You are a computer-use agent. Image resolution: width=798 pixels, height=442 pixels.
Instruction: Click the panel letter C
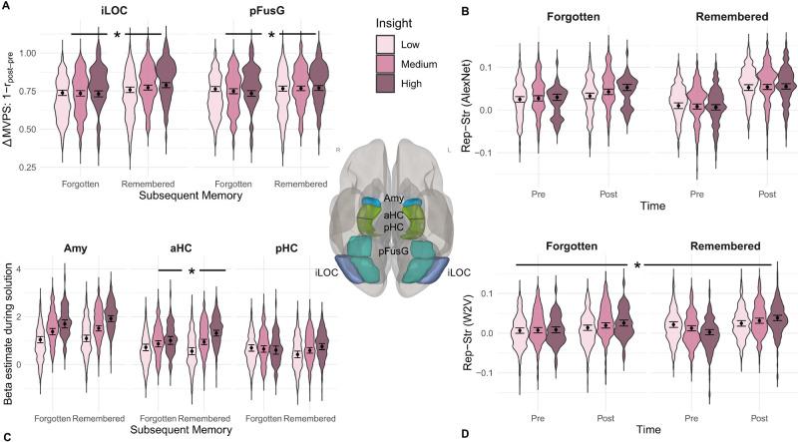[6, 435]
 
